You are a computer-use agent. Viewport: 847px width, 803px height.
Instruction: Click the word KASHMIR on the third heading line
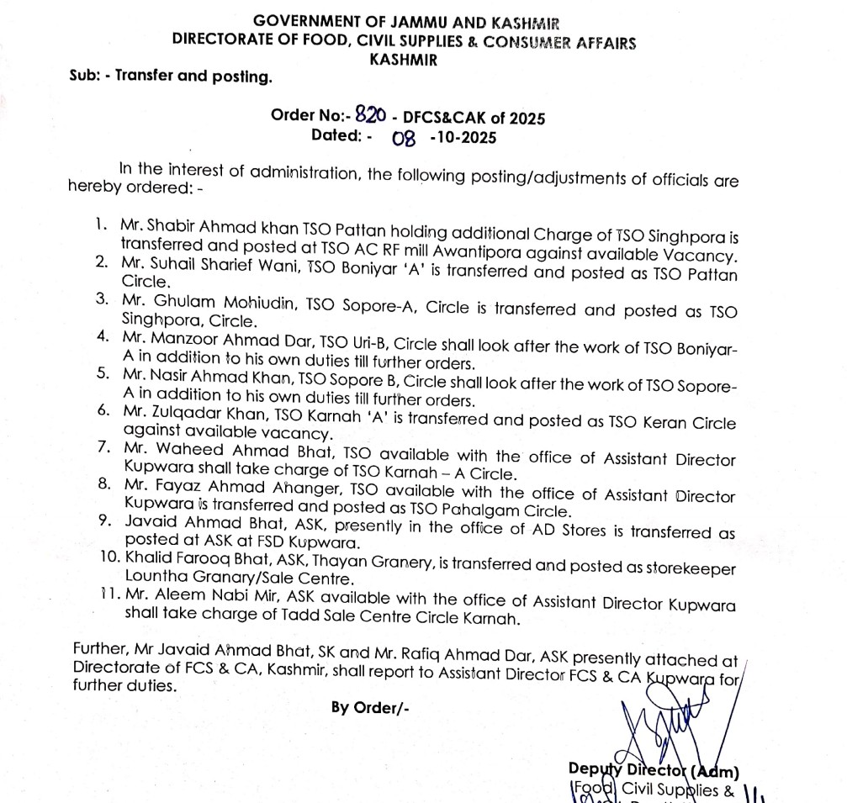[403, 60]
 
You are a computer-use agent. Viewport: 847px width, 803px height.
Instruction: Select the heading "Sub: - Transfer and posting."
[171, 77]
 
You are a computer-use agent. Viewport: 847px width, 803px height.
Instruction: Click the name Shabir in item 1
[180, 226]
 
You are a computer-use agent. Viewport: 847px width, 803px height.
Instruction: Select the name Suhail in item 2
[179, 273]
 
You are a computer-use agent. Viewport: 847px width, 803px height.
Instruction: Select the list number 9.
[104, 519]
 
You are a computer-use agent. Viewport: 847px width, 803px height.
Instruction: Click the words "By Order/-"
[370, 707]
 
